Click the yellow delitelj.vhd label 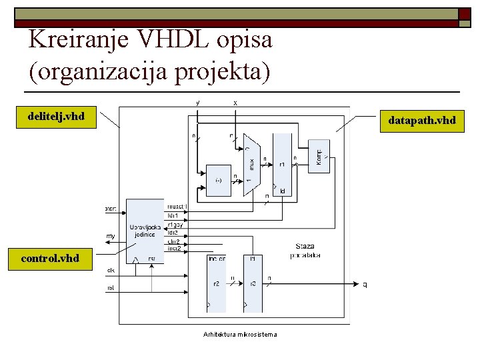point(56,117)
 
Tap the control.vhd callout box point(50,258)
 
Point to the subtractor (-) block point(219,181)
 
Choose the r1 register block point(282,163)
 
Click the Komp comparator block point(319,156)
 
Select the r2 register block point(217,283)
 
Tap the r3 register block point(253,283)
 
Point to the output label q point(365,285)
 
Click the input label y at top point(197,103)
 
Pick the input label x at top point(235,103)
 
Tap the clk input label point(111,271)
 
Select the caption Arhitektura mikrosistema point(241,334)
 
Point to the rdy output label point(111,236)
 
